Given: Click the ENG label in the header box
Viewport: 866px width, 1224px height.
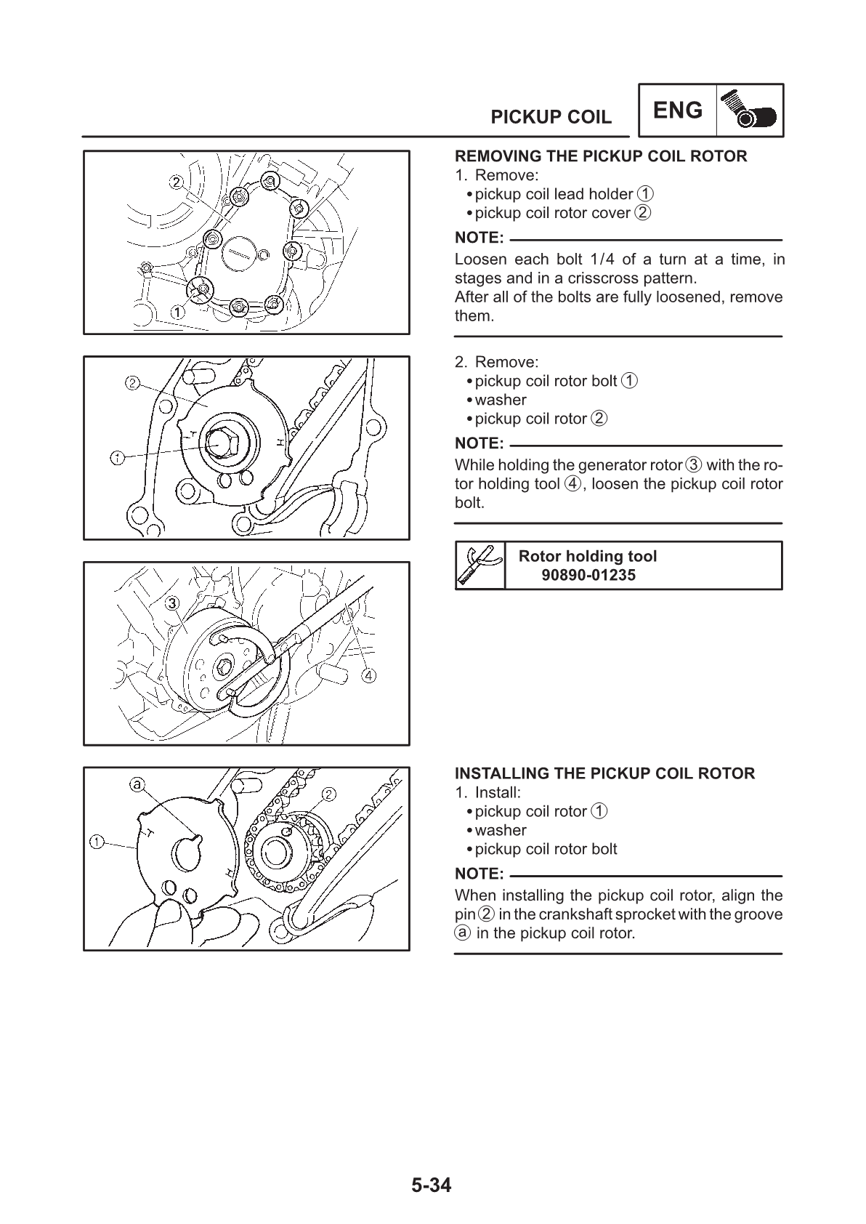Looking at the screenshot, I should point(678,111).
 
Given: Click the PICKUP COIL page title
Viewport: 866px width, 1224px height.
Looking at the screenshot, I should point(551,118).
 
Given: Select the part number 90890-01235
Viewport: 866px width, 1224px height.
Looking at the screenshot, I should point(588,575).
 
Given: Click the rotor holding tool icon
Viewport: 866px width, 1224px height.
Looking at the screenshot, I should point(480,565).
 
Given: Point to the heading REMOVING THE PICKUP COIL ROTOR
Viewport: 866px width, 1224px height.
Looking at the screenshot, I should point(600,156).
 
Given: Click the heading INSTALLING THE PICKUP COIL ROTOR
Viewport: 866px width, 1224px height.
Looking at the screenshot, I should point(604,773).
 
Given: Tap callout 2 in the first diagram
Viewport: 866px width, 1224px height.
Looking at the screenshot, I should point(176,180).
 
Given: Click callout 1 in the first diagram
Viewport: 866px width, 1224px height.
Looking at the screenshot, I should point(177,311).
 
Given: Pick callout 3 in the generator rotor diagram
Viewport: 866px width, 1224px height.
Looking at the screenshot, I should point(172,603).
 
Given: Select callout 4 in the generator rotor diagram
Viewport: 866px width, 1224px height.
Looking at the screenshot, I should point(369,675).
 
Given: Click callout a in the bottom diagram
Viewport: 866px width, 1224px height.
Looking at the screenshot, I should point(137,784).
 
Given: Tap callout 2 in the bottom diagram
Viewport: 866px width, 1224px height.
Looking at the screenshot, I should point(328,793).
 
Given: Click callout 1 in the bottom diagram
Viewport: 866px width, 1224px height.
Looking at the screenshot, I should point(96,842).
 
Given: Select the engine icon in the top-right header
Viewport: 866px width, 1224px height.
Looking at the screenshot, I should point(750,111).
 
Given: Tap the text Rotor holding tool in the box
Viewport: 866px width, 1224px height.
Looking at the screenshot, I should point(587,556).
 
